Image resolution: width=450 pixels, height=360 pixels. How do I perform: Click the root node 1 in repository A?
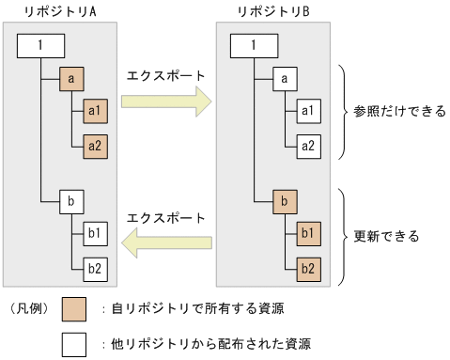pos(39,46)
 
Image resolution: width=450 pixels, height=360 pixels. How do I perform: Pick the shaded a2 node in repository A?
pos(96,145)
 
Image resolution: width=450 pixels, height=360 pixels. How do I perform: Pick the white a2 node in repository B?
pos(309,145)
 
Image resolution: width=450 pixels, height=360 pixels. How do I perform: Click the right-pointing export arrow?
pos(164,102)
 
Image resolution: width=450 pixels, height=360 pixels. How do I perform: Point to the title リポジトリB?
pos(272,11)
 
